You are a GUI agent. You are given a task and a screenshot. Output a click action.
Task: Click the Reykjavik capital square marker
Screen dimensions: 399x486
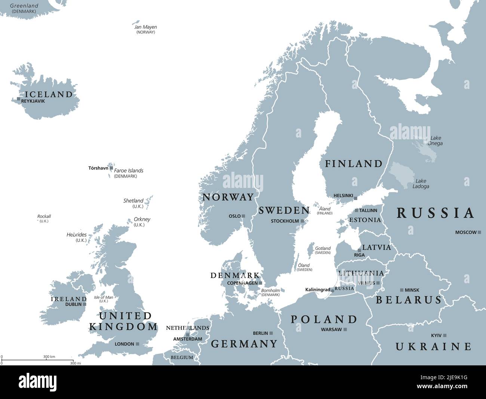19,99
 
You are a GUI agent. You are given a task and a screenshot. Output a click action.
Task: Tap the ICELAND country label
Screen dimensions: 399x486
49,94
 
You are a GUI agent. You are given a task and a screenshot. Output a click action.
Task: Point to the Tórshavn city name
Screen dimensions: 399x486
98,168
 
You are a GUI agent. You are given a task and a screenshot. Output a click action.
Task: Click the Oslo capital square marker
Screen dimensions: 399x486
243,216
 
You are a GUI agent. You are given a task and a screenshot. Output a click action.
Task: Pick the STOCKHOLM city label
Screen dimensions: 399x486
285,221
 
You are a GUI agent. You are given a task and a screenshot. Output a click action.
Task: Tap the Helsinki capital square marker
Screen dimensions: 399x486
356,198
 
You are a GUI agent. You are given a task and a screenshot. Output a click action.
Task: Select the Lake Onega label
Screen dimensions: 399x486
436,140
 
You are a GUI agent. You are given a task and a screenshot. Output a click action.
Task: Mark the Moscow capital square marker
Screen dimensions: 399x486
480,232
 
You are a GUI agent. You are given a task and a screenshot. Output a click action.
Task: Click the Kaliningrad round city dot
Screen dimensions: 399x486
332,290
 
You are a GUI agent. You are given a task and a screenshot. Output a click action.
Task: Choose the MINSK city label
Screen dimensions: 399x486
412,290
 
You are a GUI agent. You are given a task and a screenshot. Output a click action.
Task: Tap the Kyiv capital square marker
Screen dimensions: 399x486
445,335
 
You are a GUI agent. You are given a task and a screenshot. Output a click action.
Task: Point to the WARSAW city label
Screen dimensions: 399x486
331,330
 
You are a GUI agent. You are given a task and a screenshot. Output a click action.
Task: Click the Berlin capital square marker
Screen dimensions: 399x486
271,333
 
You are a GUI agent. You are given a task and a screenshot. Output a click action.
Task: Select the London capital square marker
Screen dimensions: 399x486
138,344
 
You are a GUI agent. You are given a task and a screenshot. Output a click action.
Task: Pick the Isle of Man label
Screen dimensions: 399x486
104,299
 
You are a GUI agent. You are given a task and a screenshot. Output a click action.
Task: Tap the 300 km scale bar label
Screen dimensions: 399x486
49,357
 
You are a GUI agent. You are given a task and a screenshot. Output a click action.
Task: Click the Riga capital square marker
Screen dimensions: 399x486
359,250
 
